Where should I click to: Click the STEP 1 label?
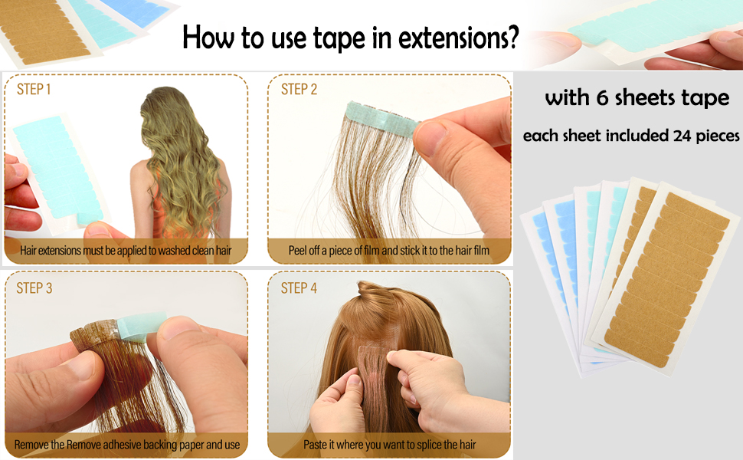[x=34, y=90]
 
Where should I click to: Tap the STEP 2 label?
[x=299, y=90]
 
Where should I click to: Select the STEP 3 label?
[x=34, y=288]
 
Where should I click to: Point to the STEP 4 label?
[x=299, y=288]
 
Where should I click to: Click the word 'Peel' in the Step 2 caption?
[x=299, y=250]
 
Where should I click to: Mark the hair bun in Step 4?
[x=375, y=295]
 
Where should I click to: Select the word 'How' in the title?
[x=202, y=37]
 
